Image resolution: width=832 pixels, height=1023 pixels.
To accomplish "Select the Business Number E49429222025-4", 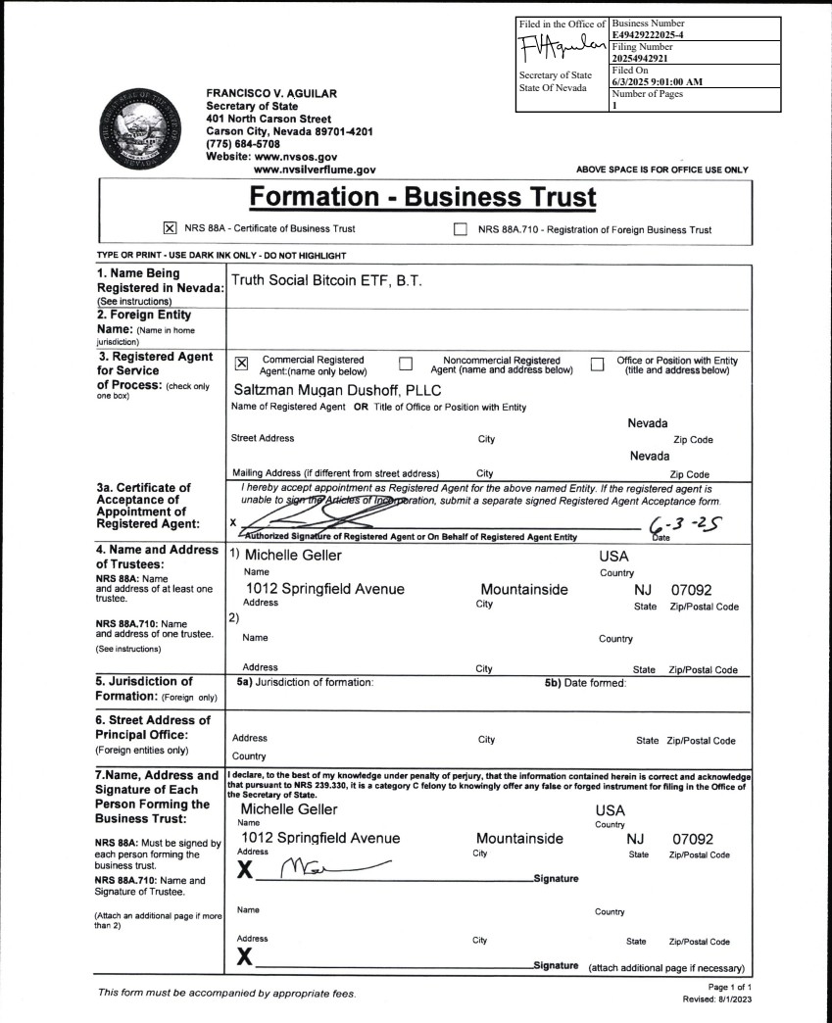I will pos(661,34).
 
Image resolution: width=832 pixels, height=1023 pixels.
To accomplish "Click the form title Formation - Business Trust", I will pos(422,197).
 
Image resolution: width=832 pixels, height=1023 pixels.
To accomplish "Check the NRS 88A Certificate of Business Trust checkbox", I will pos(169,229).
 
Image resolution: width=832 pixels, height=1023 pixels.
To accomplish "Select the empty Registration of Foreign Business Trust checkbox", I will pos(461,229).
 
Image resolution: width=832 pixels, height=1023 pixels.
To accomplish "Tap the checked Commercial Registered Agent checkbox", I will pos(241,365).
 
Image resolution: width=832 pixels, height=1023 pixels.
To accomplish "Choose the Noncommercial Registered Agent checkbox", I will pos(406,365).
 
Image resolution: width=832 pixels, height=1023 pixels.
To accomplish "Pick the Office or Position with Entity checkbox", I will pos(598,365).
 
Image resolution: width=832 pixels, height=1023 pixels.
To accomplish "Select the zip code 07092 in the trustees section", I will pos(694,591).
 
